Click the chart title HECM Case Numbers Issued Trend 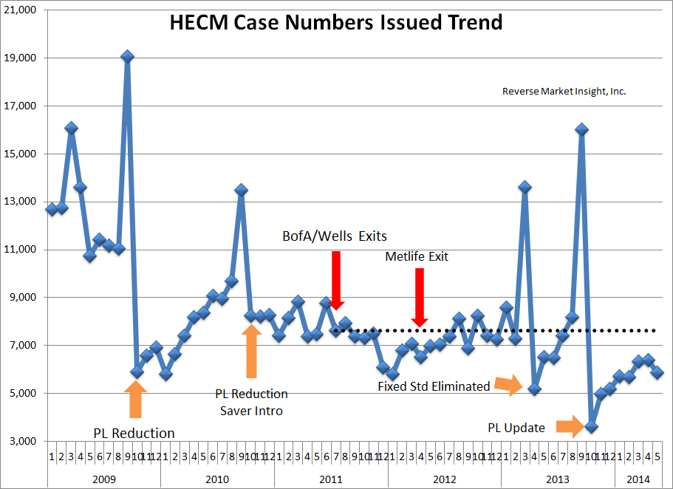tap(336, 22)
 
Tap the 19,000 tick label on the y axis tap(21, 58)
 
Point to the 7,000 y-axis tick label tap(24, 345)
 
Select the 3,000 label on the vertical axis tap(24, 441)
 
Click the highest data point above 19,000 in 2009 tap(128, 56)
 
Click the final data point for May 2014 tap(657, 372)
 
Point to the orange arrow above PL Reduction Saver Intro tap(251, 351)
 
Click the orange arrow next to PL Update tap(570, 425)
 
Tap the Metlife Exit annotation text tap(417, 257)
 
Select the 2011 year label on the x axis tap(330, 479)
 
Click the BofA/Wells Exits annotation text tap(335, 236)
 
